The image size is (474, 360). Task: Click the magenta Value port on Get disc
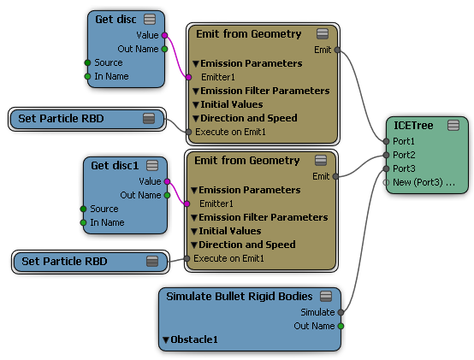(x=164, y=35)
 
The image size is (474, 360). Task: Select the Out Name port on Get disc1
(x=167, y=196)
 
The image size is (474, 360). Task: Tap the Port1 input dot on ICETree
(x=386, y=141)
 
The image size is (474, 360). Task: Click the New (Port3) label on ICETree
(x=424, y=182)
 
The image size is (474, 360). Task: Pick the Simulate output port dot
(x=341, y=312)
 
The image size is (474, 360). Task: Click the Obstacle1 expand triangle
(x=166, y=340)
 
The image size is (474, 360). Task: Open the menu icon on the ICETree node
(x=453, y=126)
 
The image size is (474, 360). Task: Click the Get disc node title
(x=116, y=20)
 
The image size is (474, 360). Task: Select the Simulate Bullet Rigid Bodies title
(x=239, y=297)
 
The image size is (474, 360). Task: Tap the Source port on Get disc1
(x=84, y=209)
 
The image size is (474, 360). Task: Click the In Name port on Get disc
(x=87, y=76)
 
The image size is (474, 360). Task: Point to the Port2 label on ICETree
(x=404, y=155)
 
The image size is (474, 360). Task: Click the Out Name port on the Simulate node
(x=341, y=326)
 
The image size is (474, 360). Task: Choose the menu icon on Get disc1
(x=152, y=166)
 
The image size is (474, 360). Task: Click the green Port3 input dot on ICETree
(x=386, y=168)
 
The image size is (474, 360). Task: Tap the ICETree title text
(x=413, y=126)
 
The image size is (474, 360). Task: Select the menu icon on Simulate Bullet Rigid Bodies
(x=326, y=296)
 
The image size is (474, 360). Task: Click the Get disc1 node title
(x=115, y=166)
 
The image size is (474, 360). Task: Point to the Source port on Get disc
(x=87, y=62)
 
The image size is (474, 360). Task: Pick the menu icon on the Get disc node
(x=150, y=20)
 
